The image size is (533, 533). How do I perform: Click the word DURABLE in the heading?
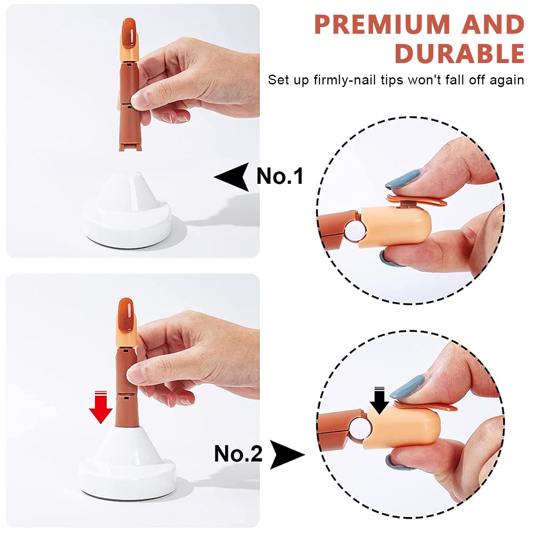pyautogui.click(x=460, y=54)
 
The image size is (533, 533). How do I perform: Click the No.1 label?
pyautogui.click(x=280, y=176)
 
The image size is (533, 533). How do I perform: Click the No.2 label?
pyautogui.click(x=239, y=454)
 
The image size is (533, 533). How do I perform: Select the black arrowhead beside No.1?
pyautogui.click(x=233, y=177)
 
